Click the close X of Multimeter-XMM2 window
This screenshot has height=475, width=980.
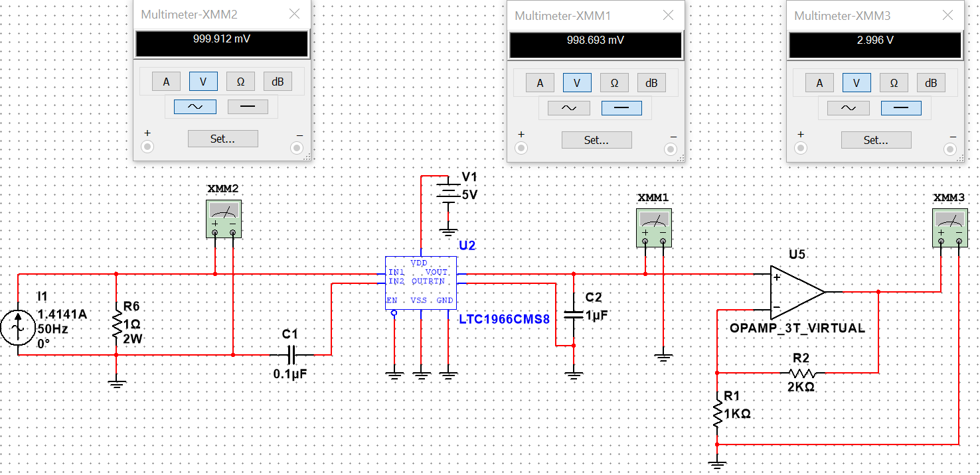294,14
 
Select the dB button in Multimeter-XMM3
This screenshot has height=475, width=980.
931,82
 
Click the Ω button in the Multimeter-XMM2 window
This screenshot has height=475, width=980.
240,82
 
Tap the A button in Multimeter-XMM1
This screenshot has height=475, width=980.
540,82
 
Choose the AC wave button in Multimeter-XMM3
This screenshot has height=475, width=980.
848,108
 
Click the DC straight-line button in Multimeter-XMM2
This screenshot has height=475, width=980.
248,107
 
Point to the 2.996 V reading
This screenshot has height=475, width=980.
875,40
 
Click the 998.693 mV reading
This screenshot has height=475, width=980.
596,40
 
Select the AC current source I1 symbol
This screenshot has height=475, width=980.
18,328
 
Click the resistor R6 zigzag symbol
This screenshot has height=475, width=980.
116,324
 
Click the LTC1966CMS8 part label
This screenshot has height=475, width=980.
504,319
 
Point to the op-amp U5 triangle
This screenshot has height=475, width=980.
796,292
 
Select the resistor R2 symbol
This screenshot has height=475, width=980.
802,373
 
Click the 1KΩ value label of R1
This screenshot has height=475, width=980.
737,414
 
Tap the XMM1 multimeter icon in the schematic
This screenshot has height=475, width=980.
653,228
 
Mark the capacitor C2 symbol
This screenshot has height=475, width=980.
574,314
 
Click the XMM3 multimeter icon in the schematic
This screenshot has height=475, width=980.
950,228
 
